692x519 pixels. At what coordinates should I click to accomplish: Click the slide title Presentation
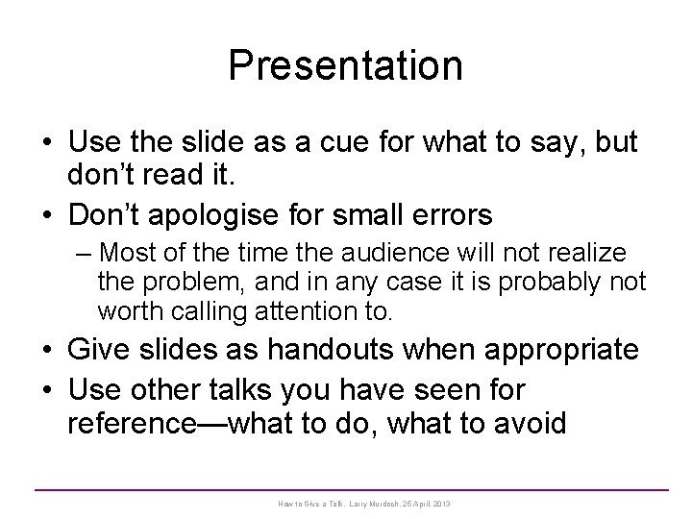tap(346, 65)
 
